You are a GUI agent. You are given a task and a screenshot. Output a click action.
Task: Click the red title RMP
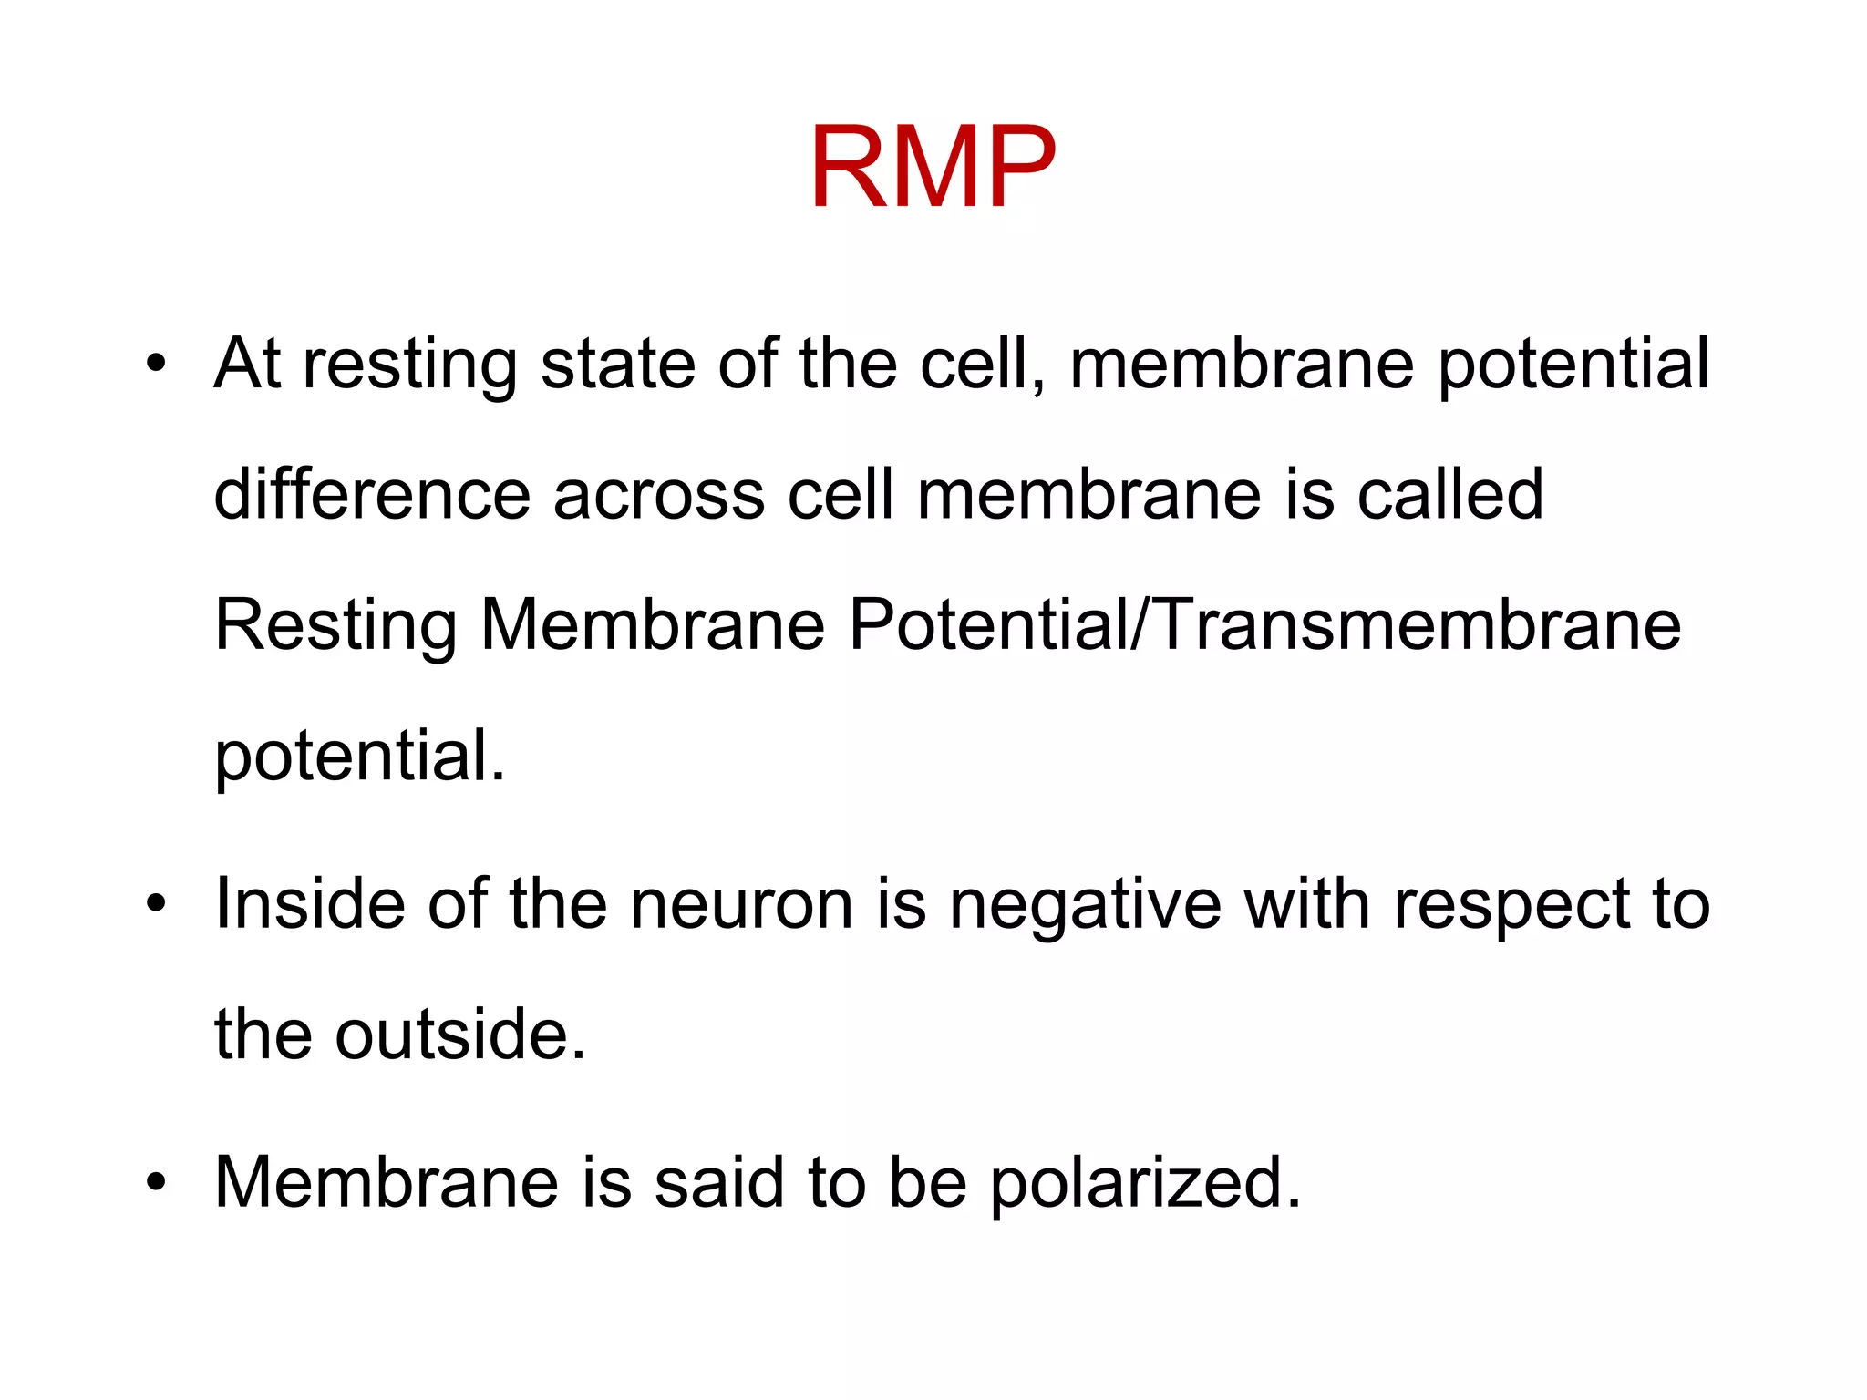pos(932,168)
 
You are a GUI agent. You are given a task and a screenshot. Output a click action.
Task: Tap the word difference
pos(371,494)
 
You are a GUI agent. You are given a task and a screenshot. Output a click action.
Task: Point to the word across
pos(658,496)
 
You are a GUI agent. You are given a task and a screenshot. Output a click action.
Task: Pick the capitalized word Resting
pos(335,627)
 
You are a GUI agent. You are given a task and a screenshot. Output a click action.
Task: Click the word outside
pos(460,1035)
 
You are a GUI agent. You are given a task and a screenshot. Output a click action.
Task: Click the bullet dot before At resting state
pos(157,363)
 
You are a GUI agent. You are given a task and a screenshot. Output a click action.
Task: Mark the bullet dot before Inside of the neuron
pos(157,903)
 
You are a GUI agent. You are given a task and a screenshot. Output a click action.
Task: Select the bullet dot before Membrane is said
pos(157,1181)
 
